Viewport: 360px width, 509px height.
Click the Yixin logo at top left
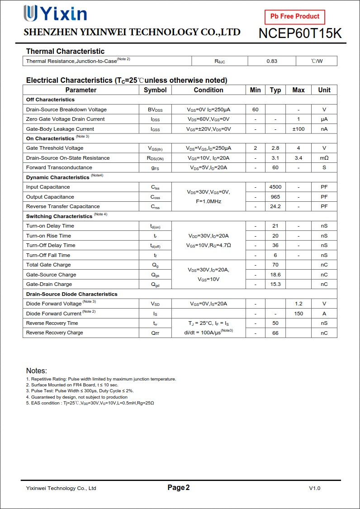coord(55,14)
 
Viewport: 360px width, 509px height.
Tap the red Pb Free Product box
coord(295,16)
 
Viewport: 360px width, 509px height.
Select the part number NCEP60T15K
coord(300,33)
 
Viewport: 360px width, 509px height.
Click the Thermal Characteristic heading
coord(65,51)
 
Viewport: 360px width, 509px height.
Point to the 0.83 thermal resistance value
coord(272,61)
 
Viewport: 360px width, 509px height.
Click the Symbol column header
coord(155,90)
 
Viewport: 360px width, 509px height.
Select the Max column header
coord(298,90)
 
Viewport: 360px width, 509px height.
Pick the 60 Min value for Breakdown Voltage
coord(256,109)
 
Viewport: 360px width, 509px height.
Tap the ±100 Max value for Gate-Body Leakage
coord(298,129)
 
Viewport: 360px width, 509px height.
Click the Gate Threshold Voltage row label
coord(55,148)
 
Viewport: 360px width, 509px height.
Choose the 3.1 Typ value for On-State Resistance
coord(275,158)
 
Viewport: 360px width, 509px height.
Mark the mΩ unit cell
coord(324,158)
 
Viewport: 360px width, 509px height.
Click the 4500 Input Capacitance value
coord(275,187)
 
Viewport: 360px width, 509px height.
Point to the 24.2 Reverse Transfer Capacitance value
coord(275,206)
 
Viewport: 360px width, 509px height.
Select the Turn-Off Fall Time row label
coord(48,255)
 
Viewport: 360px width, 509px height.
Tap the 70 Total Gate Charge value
coord(275,265)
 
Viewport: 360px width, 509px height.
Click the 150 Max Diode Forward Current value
coord(298,314)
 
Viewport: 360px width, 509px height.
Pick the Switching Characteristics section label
coord(59,216)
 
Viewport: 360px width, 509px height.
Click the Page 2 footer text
coord(179,488)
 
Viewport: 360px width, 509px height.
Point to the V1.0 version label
coord(315,488)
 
